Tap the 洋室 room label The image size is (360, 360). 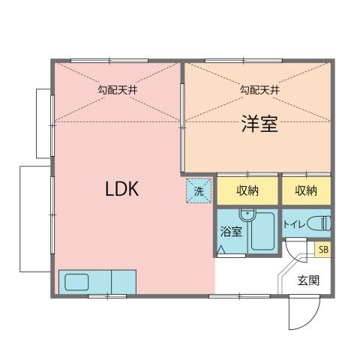pyautogui.click(x=259, y=124)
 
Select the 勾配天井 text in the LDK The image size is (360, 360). pyautogui.click(x=116, y=90)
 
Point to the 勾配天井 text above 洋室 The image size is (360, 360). pyautogui.click(x=259, y=90)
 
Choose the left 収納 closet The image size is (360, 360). pyautogui.click(x=247, y=190)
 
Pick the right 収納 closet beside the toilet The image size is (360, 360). pyautogui.click(x=305, y=190)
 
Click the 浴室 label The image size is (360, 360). pyautogui.click(x=230, y=232)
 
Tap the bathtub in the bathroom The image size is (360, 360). pyautogui.click(x=263, y=234)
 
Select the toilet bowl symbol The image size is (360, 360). pyautogui.click(x=321, y=223)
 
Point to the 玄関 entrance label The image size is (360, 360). pyautogui.click(x=307, y=281)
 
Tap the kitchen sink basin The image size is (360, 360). pyautogui.click(x=76, y=283)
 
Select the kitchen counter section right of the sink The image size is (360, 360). pyautogui.click(x=124, y=282)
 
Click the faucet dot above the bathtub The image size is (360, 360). pyautogui.click(x=243, y=212)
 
